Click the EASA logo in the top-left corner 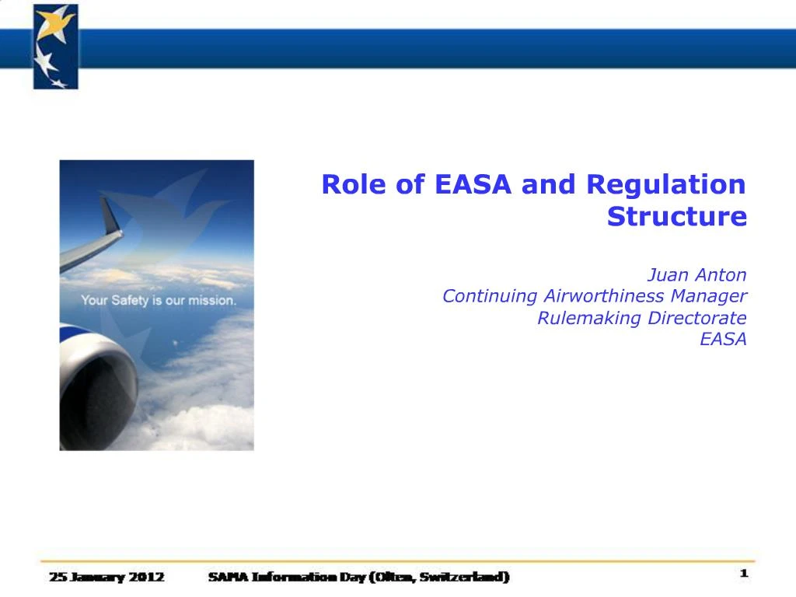55,46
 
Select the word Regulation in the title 665,185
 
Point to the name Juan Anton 697,274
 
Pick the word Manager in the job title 709,296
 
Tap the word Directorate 697,318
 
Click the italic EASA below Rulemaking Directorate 723,339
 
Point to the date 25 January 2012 106,577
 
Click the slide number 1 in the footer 743,574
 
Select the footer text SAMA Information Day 288,577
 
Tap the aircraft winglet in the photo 113,218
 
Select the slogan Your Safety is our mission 158,300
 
